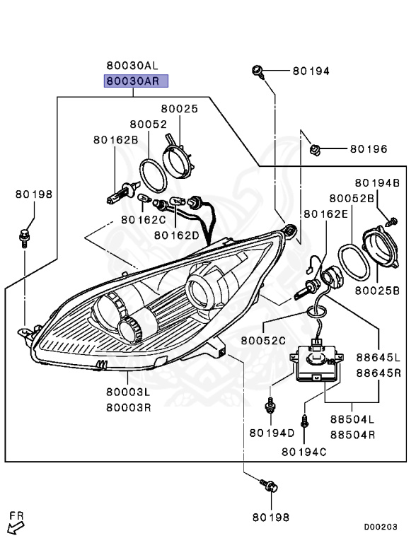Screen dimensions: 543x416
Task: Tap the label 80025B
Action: (x=377, y=290)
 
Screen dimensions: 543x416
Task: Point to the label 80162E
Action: (x=326, y=214)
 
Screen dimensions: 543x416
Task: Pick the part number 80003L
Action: (x=129, y=392)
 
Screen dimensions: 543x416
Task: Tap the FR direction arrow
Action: (x=15, y=524)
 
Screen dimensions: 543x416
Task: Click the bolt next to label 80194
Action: (x=258, y=71)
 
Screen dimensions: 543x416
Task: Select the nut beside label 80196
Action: (x=316, y=149)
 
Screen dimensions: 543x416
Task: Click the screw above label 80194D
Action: (x=270, y=405)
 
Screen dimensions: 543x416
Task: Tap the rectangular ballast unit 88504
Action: (x=318, y=360)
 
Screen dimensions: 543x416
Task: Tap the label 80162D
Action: (x=177, y=234)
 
